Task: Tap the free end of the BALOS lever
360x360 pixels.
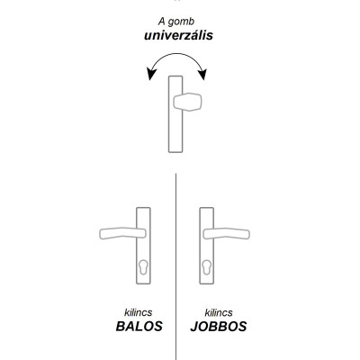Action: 97,236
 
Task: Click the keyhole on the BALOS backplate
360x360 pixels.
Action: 144,269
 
